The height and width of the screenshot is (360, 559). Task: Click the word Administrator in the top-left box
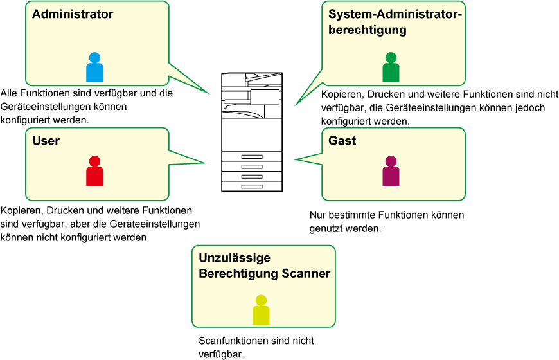click(x=73, y=14)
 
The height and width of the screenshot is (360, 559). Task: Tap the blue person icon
click(x=94, y=68)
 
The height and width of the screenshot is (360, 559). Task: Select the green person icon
click(x=391, y=68)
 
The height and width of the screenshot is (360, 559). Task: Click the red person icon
click(x=94, y=172)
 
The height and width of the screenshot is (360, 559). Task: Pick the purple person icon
click(x=391, y=172)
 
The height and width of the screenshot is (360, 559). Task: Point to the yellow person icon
click(x=261, y=310)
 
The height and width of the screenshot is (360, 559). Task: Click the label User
click(x=46, y=141)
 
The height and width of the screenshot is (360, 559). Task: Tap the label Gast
click(x=342, y=141)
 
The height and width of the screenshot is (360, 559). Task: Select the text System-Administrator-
click(x=395, y=14)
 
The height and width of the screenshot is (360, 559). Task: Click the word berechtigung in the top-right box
click(x=367, y=30)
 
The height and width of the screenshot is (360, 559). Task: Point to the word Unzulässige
click(x=235, y=258)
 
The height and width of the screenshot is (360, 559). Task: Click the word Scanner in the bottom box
click(x=306, y=274)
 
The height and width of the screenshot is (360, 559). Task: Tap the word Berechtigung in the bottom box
click(x=238, y=274)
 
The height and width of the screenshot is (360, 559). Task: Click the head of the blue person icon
click(x=94, y=57)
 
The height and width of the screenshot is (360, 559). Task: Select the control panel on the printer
click(x=265, y=96)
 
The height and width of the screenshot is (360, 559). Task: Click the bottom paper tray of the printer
click(x=252, y=186)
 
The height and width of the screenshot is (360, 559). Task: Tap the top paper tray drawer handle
click(x=252, y=157)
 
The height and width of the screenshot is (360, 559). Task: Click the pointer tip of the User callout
click(x=206, y=163)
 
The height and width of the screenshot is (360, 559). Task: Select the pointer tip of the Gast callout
click(x=294, y=159)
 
